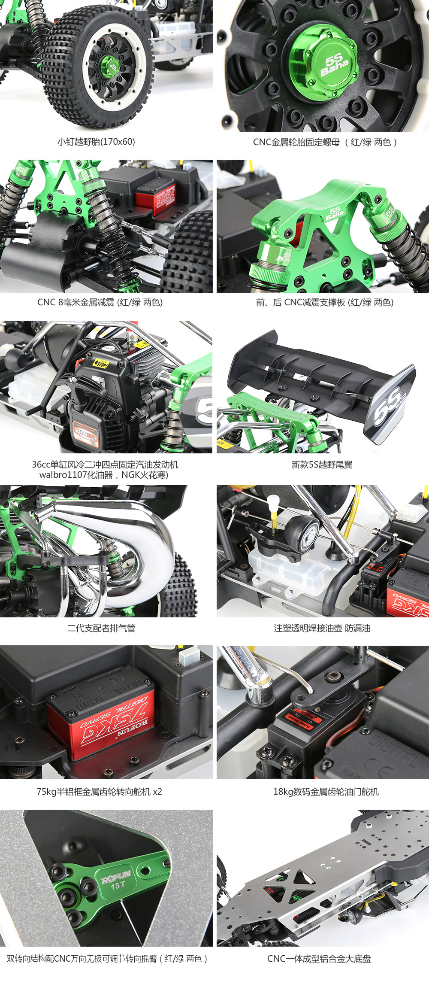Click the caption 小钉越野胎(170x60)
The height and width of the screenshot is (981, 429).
(97, 142)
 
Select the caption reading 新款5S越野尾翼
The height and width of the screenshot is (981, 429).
(322, 465)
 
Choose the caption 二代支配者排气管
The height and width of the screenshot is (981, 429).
(101, 628)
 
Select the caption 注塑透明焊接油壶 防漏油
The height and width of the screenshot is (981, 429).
(322, 628)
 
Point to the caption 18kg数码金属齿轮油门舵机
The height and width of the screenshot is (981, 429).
(326, 792)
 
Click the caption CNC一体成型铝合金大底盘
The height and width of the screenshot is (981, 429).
(319, 959)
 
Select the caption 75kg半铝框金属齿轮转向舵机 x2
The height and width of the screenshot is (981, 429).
(99, 792)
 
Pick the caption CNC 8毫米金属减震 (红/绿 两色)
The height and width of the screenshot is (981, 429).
(100, 302)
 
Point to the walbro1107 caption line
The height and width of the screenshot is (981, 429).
(104, 475)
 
